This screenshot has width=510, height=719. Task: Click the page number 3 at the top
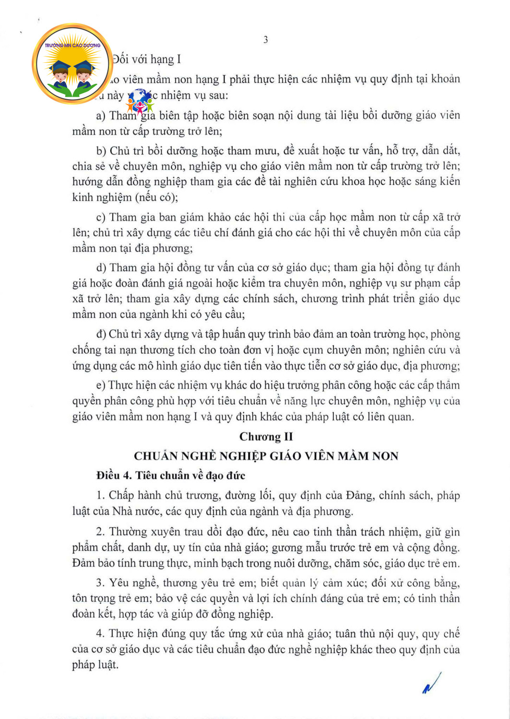(x=265, y=40)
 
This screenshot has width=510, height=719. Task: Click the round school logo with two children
(x=72, y=63)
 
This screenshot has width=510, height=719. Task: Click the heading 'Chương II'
(x=266, y=436)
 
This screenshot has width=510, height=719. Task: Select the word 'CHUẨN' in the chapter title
(x=153, y=456)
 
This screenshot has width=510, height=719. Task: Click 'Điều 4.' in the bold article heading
(x=114, y=475)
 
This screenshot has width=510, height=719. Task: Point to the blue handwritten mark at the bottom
(x=431, y=683)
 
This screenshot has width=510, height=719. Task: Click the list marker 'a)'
(x=101, y=116)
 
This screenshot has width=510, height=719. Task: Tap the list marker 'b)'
(x=101, y=151)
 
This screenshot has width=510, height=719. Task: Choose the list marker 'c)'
(x=101, y=217)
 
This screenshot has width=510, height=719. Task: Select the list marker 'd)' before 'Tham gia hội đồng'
(x=101, y=267)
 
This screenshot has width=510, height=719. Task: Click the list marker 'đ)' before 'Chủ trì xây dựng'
(x=101, y=334)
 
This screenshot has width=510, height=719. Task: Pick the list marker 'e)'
(x=101, y=385)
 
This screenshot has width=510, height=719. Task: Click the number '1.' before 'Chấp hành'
(x=100, y=496)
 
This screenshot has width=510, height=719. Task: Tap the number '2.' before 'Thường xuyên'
(x=100, y=532)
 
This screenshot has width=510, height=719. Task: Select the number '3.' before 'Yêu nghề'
(x=100, y=583)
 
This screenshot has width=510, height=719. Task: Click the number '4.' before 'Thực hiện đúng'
(x=100, y=634)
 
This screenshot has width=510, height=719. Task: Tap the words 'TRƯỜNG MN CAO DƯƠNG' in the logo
(x=72, y=45)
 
